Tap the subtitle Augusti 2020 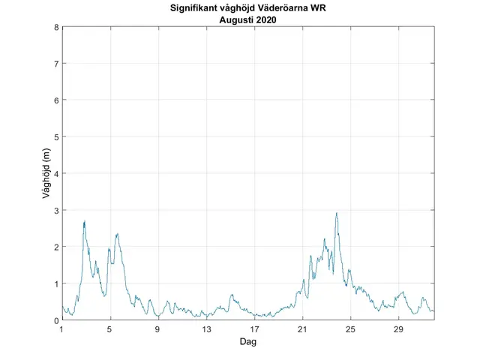point(248,19)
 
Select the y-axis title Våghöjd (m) point(46,174)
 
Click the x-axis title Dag point(248,341)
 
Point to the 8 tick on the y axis point(55,28)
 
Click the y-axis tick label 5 point(55,137)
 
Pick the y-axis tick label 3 point(55,211)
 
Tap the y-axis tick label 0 point(55,320)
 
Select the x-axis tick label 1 point(62,329)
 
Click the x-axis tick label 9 point(158,329)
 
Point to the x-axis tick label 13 point(206,329)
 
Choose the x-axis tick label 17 point(254,329)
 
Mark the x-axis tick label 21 point(302,329)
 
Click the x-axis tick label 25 point(350,329)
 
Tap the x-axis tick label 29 point(398,329)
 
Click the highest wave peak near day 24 point(337,213)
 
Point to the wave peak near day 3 point(85,221)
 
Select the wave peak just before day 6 point(117,234)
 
